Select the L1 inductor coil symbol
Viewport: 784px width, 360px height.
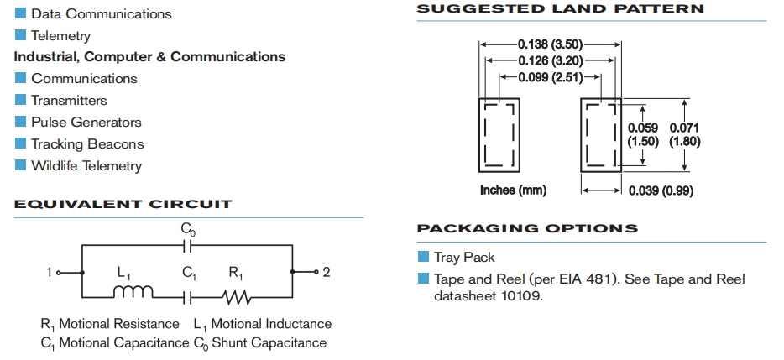pos(133,293)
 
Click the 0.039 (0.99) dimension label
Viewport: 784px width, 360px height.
pos(661,190)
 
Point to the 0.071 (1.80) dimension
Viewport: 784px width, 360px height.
pos(684,134)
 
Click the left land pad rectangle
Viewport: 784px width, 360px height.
pos(500,135)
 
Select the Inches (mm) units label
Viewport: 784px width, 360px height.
pos(513,190)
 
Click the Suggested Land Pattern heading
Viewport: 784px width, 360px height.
pos(561,9)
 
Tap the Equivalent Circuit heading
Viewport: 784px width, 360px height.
pos(123,204)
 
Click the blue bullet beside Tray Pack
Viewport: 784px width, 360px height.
pos(424,257)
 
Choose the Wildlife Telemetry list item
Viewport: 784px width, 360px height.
pos(86,165)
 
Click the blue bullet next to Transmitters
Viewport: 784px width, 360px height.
pos(21,100)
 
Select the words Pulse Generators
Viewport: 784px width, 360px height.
pos(86,122)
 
